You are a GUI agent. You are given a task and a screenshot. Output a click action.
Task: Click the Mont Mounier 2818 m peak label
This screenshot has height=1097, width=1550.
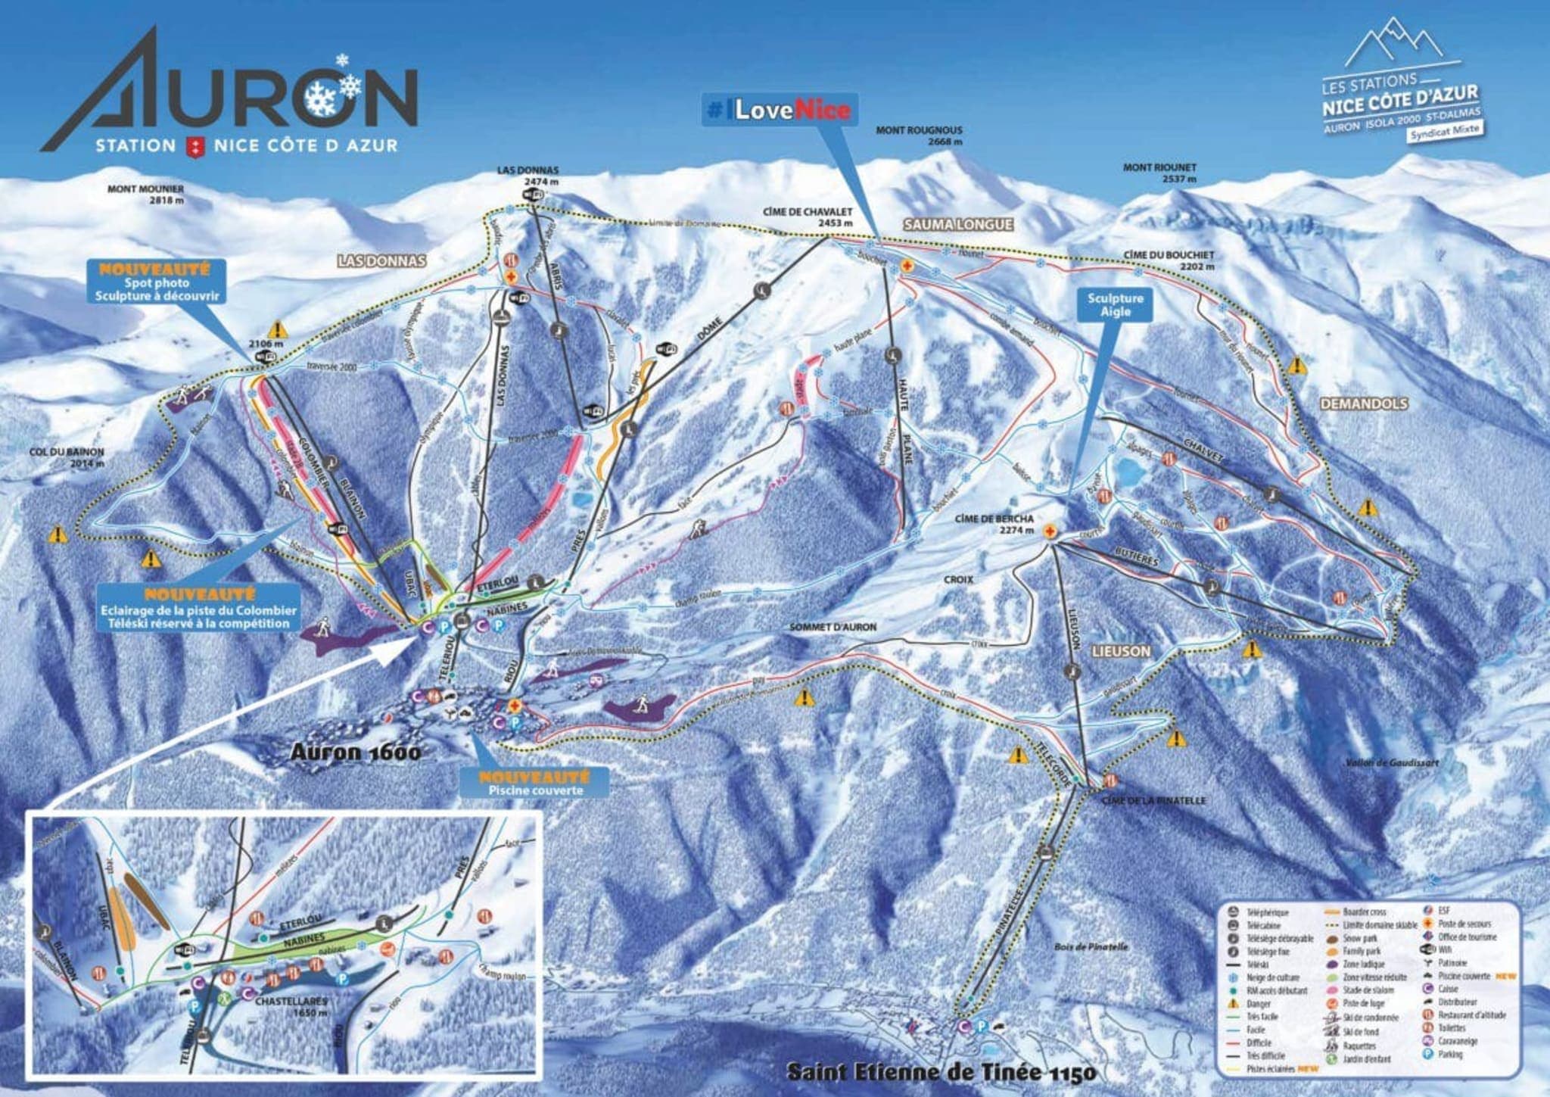click(x=145, y=195)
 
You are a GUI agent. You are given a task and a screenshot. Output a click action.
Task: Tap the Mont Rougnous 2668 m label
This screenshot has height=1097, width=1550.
click(x=919, y=136)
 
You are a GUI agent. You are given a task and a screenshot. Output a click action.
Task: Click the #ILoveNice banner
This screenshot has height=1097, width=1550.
click(x=779, y=110)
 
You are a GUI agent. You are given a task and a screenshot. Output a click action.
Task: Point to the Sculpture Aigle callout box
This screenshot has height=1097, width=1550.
click(x=1115, y=305)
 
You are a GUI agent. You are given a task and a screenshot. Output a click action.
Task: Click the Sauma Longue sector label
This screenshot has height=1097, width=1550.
click(x=957, y=224)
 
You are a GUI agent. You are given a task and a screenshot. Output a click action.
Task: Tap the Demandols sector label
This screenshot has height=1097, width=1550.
click(x=1364, y=404)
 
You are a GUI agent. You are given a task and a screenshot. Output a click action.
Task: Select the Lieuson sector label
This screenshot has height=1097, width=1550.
click(x=1121, y=651)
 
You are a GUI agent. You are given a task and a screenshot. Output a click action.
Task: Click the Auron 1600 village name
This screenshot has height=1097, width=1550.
click(x=356, y=752)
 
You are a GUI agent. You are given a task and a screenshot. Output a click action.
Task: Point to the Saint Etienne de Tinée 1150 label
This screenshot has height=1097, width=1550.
click(x=941, y=1073)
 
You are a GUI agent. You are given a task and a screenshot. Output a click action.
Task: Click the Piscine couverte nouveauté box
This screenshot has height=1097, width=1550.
click(x=535, y=784)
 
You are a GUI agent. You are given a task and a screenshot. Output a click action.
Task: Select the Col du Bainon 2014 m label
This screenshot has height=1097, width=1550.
click(x=67, y=457)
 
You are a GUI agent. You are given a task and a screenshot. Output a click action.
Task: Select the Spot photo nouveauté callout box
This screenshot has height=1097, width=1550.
click(x=157, y=282)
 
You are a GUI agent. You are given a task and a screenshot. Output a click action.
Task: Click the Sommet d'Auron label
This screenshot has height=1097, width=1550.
click(x=833, y=627)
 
